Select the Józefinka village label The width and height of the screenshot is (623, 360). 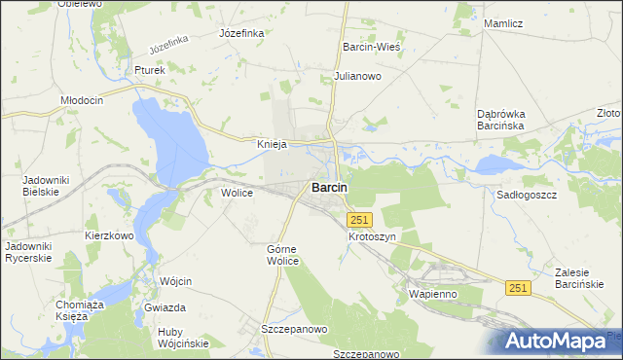242,32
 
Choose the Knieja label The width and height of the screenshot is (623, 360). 272,144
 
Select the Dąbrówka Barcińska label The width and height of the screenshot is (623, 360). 501,120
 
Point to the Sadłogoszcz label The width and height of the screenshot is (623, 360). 526,194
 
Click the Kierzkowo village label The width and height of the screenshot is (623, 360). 109,235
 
